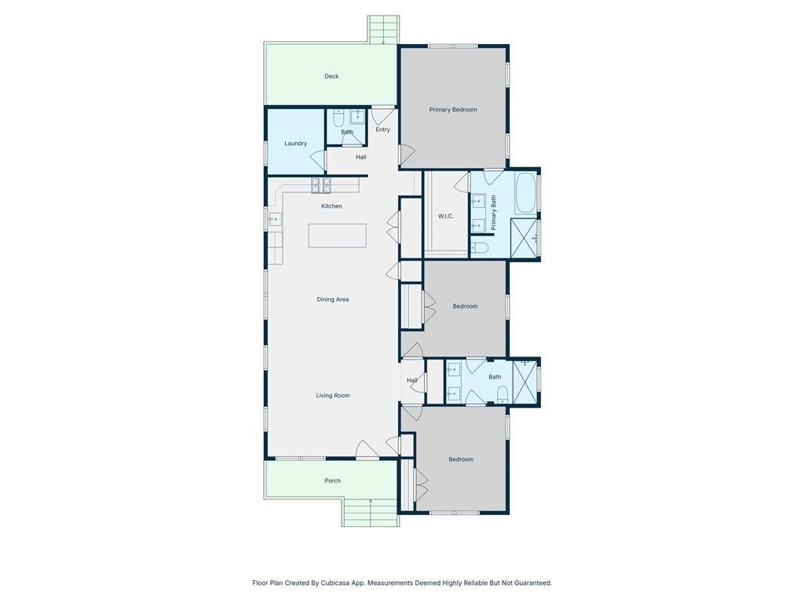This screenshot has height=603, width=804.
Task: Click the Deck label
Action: (x=331, y=76)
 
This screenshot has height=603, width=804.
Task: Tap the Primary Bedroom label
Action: (x=453, y=110)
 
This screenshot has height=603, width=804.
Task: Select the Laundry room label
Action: (x=296, y=144)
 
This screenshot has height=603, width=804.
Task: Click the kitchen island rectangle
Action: (x=338, y=236)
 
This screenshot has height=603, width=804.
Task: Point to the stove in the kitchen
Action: (x=321, y=185)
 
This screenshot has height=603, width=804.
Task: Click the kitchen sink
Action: (x=274, y=219)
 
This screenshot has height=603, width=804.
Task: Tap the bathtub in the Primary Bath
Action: (x=525, y=193)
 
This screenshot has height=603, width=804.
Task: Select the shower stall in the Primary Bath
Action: (x=524, y=237)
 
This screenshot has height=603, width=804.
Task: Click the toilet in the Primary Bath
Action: (x=480, y=248)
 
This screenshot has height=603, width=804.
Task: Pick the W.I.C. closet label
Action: (x=446, y=217)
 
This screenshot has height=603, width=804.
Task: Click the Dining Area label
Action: (x=333, y=299)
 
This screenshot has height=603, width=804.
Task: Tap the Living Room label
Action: (x=333, y=396)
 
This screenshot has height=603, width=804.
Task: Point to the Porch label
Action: (x=333, y=481)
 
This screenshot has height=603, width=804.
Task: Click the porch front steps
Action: (x=371, y=512)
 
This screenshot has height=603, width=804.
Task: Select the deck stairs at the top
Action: (x=383, y=30)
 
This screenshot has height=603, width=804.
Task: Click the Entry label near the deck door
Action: (x=383, y=130)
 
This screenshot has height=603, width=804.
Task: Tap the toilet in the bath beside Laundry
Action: (x=338, y=119)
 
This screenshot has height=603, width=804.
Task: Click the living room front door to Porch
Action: (x=367, y=449)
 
